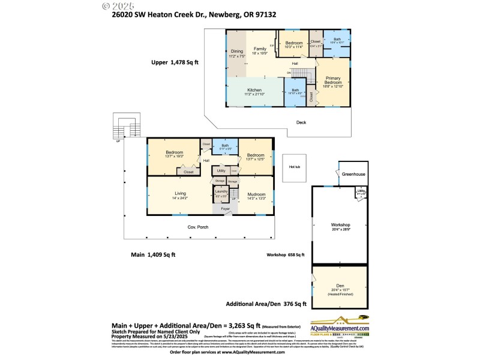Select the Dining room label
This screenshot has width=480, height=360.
pos(237,52)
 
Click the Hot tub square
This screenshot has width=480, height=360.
pos(295,167)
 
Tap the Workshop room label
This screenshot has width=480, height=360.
pos(340,226)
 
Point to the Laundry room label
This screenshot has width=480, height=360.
pos(221,193)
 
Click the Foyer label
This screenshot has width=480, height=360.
pos(225,209)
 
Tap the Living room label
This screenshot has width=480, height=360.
pos(179,195)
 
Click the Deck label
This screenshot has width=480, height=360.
pos(302,122)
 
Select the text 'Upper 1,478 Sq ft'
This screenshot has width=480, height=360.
pos(174,62)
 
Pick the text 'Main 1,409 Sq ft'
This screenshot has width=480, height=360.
pos(153,254)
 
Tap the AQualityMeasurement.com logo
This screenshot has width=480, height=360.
pos(339,325)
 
